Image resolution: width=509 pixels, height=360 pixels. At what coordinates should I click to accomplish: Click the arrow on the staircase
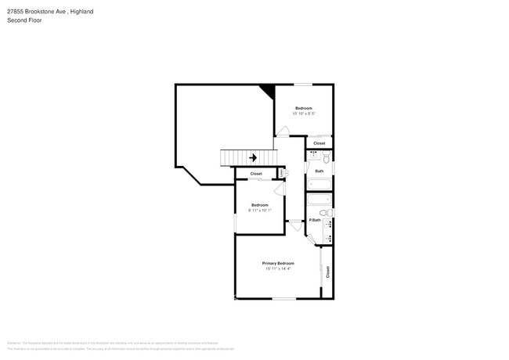click(253, 157)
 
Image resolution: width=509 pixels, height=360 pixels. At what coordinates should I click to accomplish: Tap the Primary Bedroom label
click(278, 263)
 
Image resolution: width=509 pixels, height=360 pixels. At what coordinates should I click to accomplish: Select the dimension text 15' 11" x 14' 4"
click(278, 268)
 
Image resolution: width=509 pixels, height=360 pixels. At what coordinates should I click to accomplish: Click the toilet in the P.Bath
click(327, 213)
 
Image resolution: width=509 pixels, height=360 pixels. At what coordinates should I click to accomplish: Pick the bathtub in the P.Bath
click(319, 200)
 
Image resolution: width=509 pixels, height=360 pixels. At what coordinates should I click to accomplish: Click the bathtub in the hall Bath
click(319, 185)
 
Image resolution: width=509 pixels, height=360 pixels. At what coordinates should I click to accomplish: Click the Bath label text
click(319, 171)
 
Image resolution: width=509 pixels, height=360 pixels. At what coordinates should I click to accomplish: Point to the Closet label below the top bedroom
click(319, 143)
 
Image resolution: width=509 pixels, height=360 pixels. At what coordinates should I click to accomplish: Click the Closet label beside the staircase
click(256, 174)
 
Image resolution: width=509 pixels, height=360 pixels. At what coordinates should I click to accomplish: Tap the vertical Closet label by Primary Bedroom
click(328, 272)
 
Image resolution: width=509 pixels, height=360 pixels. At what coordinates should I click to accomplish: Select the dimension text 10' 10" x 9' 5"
click(304, 113)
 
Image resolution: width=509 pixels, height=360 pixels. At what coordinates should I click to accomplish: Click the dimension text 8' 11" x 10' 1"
click(259, 210)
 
